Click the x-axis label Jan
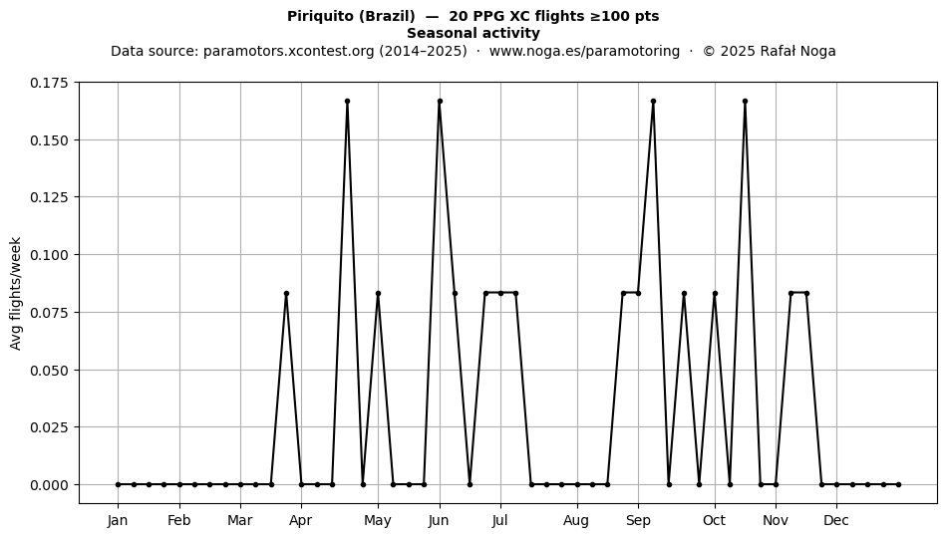tap(118, 520)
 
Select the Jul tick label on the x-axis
tap(500, 520)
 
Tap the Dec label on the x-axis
tap(836, 520)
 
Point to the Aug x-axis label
tap(576, 520)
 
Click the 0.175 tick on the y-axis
tap(50, 83)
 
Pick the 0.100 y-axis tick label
tap(50, 255)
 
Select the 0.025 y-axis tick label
tap(50, 427)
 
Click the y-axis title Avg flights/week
tap(16, 293)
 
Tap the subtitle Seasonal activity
tap(473, 33)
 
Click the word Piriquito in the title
tap(320, 16)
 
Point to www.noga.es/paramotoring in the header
tap(584, 51)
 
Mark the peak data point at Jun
tap(440, 102)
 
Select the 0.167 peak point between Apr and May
tap(347, 102)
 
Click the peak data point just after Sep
tap(654, 102)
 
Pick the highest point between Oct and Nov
tap(746, 102)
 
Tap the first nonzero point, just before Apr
tap(286, 293)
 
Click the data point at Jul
tap(500, 293)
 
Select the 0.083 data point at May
tap(378, 293)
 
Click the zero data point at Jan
tap(118, 484)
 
